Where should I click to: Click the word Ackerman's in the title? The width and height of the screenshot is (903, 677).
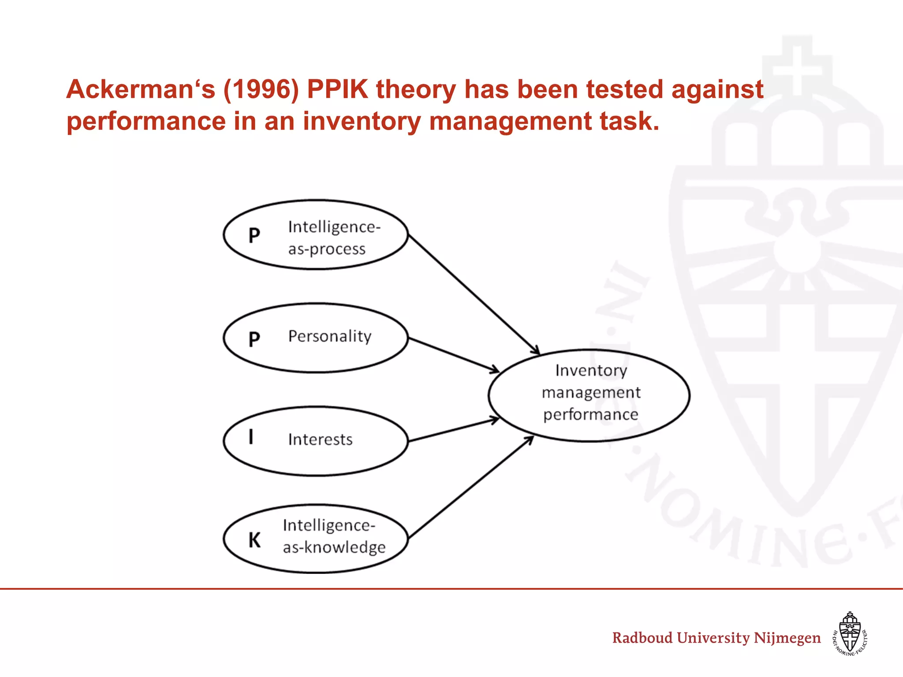click(x=141, y=89)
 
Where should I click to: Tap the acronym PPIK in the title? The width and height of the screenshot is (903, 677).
click(x=337, y=89)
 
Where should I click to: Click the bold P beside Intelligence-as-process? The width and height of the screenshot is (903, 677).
click(x=254, y=235)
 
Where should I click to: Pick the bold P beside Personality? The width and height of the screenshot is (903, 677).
click(x=254, y=339)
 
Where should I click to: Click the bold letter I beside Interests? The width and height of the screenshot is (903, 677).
click(x=251, y=437)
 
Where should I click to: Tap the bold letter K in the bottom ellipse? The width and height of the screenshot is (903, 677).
click(x=254, y=540)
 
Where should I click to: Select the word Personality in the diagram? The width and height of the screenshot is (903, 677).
click(x=330, y=336)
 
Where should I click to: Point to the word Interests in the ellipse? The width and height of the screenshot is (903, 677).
click(x=320, y=439)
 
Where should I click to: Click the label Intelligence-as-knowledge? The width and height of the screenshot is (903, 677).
click(x=334, y=536)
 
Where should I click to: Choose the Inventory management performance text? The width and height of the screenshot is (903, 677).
click(x=590, y=392)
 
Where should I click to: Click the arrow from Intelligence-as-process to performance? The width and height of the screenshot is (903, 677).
click(x=474, y=294)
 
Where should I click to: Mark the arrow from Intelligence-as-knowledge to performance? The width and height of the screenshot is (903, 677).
click(x=471, y=487)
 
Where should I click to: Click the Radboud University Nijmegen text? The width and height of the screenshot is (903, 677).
click(x=716, y=638)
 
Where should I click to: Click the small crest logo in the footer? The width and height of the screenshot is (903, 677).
click(x=850, y=633)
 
